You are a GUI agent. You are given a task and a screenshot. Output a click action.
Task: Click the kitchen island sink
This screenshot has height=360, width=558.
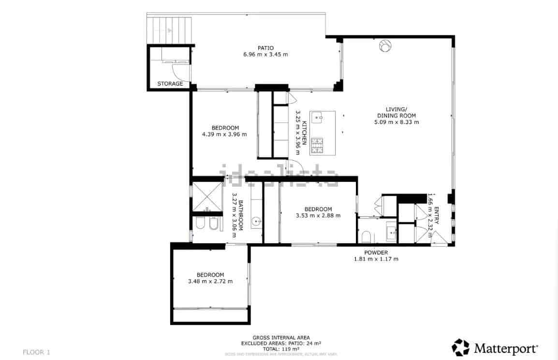(x=317, y=117)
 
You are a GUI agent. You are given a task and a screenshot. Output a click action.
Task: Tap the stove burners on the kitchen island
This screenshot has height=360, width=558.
(x=317, y=146)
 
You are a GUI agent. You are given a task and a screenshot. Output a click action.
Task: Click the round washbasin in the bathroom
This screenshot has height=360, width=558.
(x=256, y=222)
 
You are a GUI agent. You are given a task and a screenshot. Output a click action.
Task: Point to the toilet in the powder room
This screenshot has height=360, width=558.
(x=366, y=237)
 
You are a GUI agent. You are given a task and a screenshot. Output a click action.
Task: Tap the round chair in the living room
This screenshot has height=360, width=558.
(x=385, y=45)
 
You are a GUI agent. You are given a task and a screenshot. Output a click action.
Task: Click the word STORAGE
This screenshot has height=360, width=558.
(x=170, y=84)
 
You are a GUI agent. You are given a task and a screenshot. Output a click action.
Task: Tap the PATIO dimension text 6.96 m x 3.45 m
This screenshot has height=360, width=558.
(x=265, y=55)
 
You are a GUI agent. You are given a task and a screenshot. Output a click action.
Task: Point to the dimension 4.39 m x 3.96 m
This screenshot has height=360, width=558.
(x=224, y=135)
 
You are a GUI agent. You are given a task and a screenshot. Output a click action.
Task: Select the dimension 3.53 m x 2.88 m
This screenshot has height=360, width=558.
(x=318, y=216)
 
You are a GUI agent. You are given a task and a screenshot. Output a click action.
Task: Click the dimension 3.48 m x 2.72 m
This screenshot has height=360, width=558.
(x=210, y=282)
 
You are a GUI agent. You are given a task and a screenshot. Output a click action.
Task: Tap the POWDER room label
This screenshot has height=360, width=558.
(x=376, y=253)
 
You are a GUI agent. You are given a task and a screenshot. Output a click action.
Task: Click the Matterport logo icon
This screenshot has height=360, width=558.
(x=460, y=347)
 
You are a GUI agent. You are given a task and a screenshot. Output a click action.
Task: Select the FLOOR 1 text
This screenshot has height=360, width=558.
(x=36, y=352)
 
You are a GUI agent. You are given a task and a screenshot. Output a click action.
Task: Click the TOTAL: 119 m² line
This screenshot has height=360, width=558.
(x=281, y=348)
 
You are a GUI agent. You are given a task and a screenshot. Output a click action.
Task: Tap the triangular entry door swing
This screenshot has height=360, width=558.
(x=439, y=238)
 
